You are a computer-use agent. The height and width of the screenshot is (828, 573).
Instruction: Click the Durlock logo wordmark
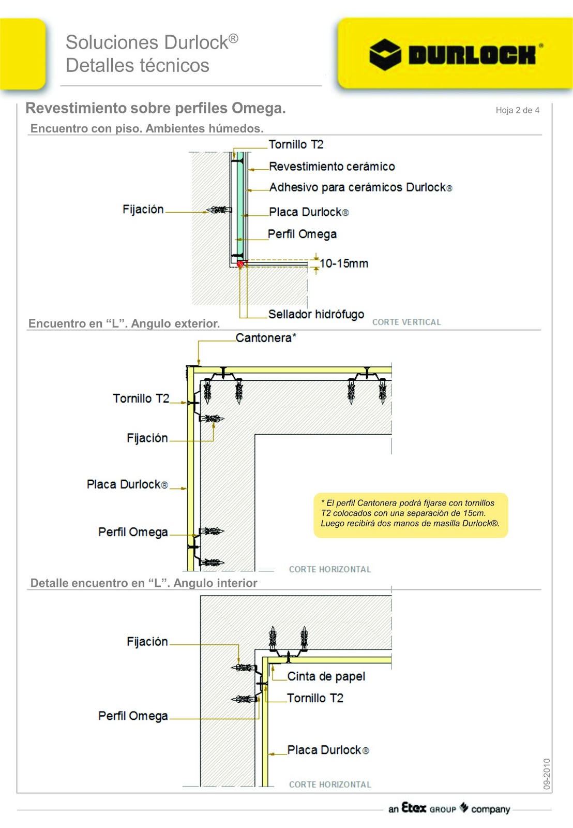pos(472,54)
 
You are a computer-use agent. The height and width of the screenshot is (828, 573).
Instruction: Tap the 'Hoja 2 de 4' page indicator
pos(517,110)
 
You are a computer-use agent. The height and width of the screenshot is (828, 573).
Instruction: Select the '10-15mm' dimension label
pos(344,263)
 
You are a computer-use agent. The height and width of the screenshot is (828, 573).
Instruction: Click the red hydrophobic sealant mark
pos(240,264)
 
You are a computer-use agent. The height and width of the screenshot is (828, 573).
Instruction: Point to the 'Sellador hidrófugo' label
pos(316,314)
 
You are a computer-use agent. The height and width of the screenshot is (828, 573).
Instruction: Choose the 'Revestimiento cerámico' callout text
pos(331,167)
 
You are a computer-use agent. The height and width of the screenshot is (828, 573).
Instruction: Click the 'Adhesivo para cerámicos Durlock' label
pos(360,187)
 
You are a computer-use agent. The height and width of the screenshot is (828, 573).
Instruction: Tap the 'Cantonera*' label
pos(266,338)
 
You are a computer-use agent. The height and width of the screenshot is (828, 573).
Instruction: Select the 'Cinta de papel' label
pos(326,676)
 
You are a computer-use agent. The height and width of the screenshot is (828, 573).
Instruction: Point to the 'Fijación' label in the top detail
pos(143,209)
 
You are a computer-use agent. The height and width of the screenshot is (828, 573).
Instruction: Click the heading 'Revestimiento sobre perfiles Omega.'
pos(156,108)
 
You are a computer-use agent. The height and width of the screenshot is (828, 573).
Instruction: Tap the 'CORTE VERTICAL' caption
pos(406,322)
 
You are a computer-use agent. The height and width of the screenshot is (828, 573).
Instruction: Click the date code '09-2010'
pos(547,774)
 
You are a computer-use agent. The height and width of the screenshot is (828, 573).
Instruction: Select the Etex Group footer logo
pos(449,808)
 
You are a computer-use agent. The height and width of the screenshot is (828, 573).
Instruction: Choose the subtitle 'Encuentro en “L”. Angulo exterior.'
pos(124,323)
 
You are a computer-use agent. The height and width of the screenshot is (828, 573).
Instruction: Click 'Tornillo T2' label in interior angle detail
pos(315,698)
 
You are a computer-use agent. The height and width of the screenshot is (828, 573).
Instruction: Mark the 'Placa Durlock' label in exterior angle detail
pos(127,484)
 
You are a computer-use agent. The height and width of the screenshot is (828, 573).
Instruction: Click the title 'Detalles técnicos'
pos(138,66)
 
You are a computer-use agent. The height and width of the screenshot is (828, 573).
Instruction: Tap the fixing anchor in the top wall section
pos(219,210)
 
